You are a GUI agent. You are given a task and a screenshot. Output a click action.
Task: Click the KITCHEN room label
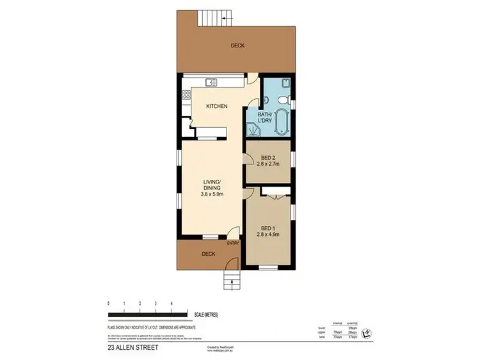pyautogui.click(x=216, y=106)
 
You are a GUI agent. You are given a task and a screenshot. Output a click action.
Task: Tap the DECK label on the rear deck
pyautogui.click(x=237, y=45)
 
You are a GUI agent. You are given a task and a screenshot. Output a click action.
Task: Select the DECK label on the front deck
pyautogui.click(x=209, y=253)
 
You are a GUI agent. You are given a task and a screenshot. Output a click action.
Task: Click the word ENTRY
pyautogui.click(x=233, y=243)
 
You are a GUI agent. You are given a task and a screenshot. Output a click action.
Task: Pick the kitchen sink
pyautogui.click(x=211, y=81)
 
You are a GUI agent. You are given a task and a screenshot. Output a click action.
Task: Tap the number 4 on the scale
pyautogui.click(x=171, y=302)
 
